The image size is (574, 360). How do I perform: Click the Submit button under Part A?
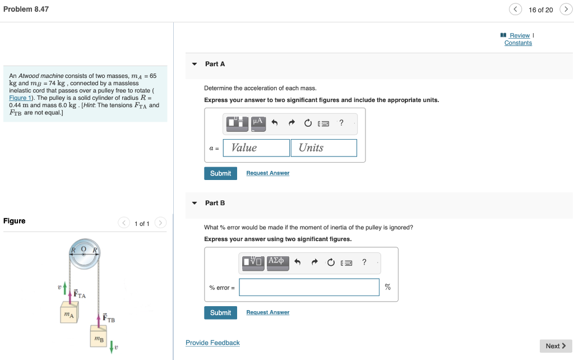coord(220,173)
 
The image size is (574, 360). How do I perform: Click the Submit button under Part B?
coord(220,312)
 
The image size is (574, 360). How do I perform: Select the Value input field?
coord(256,148)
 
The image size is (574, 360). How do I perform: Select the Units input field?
coord(323,148)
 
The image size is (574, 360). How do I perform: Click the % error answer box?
coord(309,287)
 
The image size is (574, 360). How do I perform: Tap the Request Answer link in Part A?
coord(267,173)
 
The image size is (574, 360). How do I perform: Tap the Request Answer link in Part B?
coord(267,312)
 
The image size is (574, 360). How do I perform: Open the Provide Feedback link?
coord(212,343)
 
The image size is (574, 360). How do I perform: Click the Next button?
coord(556,346)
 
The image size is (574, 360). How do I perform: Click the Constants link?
coord(518,43)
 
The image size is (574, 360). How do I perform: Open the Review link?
coord(519,35)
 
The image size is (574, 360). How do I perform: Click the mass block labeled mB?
coord(99,338)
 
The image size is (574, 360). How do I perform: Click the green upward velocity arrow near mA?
coord(66,287)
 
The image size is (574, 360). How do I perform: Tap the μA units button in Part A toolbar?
coord(257,123)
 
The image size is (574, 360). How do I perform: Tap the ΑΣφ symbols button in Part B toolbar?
coord(277,262)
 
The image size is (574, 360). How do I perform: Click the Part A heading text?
coord(215,64)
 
